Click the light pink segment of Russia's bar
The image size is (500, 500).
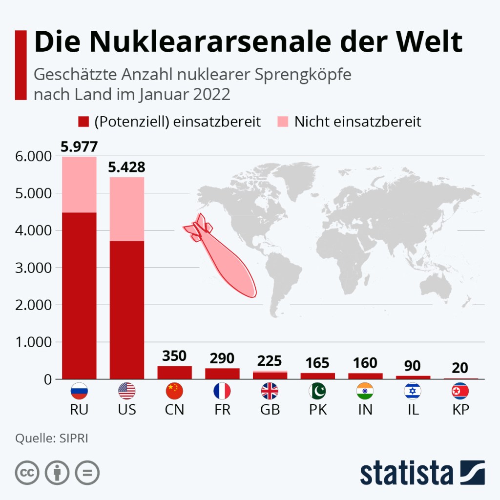click(79, 185)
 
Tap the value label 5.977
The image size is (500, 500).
click(79, 147)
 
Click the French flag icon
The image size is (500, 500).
click(222, 391)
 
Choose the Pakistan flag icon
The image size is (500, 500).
click(318, 391)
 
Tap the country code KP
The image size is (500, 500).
click(460, 410)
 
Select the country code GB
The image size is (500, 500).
click(270, 410)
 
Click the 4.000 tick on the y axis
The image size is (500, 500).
click(34, 230)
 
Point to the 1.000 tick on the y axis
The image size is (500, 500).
click(34, 342)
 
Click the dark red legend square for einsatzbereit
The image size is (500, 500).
click(84, 122)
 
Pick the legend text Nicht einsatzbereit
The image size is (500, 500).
click(357, 122)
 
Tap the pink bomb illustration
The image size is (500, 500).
click(225, 256)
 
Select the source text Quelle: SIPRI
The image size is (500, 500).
click(52, 438)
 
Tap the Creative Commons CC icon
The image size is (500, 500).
click(27, 473)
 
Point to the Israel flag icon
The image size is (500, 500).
click(413, 391)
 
